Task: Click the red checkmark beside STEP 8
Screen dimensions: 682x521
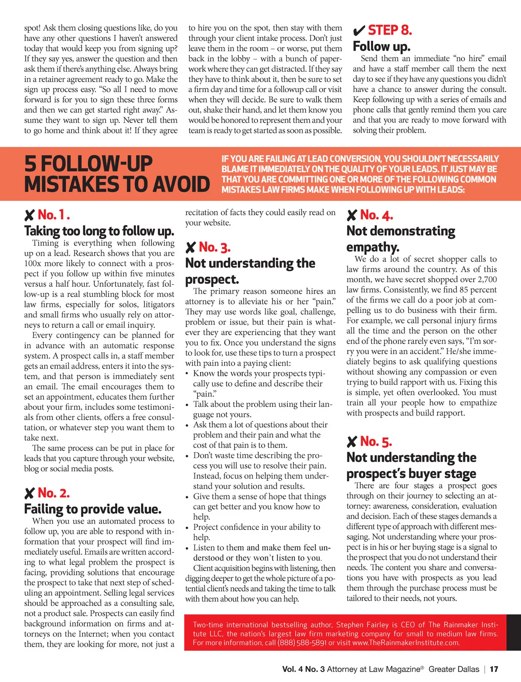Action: coord(359,31)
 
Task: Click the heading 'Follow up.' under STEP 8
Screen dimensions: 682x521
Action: coord(381,46)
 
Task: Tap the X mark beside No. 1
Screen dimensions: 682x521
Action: coord(29,215)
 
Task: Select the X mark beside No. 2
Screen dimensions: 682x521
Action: coord(29,493)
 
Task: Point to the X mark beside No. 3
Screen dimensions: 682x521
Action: coord(190,248)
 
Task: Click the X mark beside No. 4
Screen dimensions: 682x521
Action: coord(352,215)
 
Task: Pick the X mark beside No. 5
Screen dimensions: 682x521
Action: coord(352,442)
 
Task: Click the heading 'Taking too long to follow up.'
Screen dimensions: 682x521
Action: coord(99,231)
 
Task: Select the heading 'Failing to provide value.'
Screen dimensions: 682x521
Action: coord(92,509)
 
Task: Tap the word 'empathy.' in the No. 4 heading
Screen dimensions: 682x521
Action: coord(373,247)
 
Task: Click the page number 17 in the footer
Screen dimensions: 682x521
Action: coord(494,669)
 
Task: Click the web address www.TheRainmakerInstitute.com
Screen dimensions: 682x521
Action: coord(406,642)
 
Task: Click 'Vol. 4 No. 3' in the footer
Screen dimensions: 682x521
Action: coord(303,669)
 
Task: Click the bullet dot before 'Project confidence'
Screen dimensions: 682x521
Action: coord(187,528)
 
